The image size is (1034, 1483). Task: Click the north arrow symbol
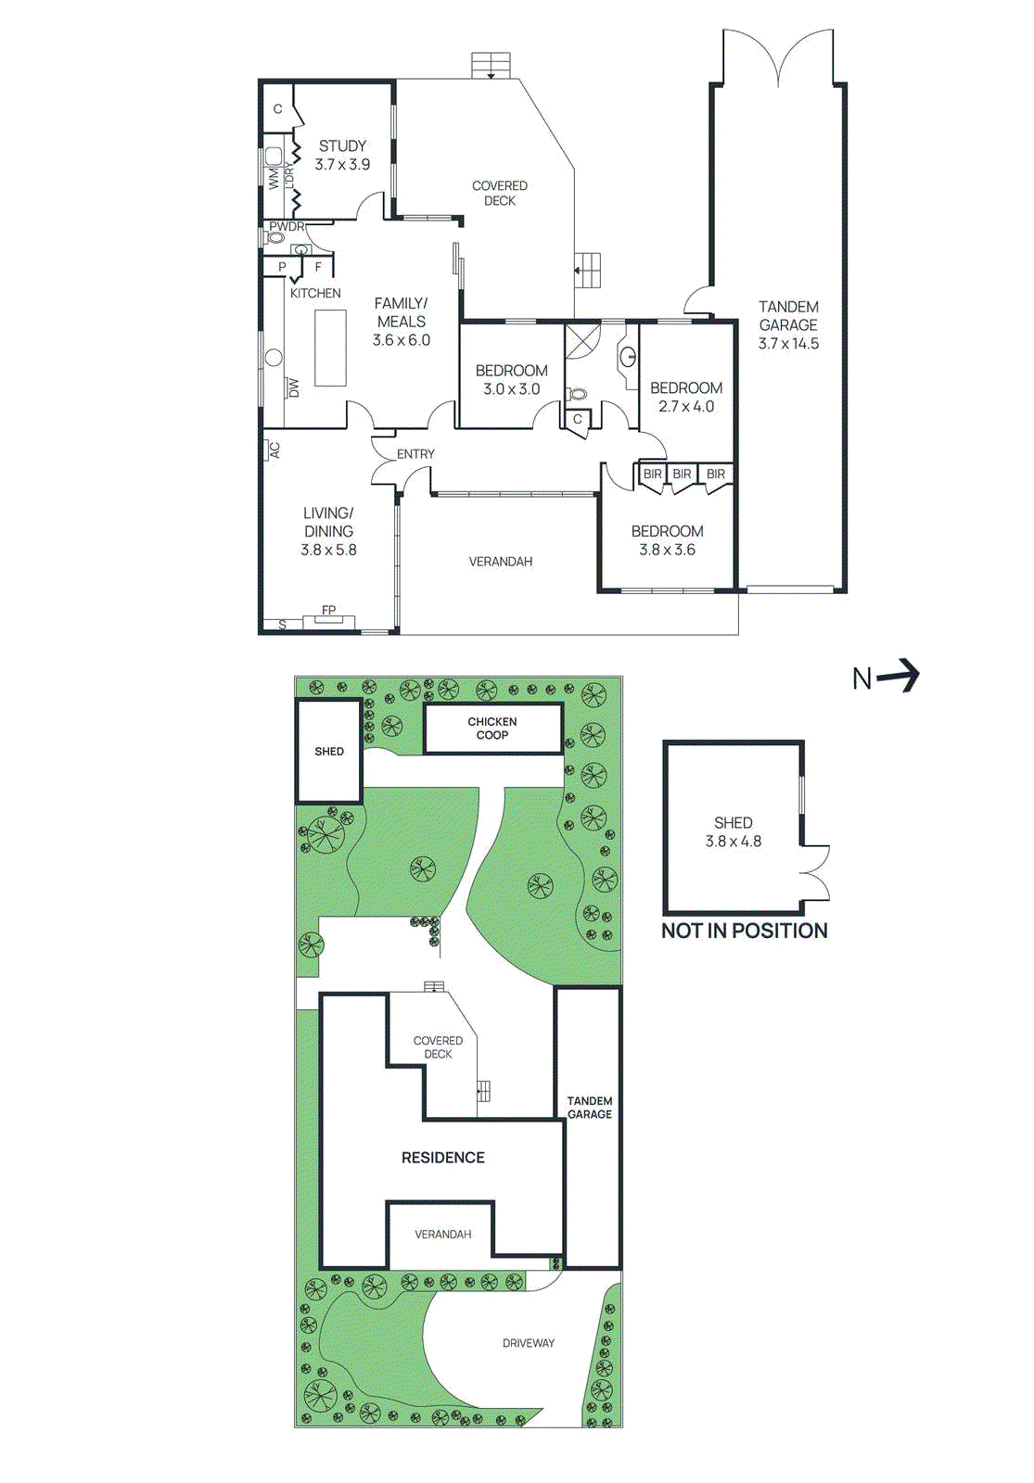pos(897,677)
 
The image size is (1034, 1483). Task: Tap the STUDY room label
pos(342,146)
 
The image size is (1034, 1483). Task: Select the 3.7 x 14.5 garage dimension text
pos(788,344)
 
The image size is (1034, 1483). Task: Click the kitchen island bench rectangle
pos(330,348)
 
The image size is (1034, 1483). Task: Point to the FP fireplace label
pos(328,610)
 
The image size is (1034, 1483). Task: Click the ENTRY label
pos(415,454)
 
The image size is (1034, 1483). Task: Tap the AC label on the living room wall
pos(275,450)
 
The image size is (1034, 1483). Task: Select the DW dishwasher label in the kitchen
pos(294,387)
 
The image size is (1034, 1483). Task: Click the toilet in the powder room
pos(275,237)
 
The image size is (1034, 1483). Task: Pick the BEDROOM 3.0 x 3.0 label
pos(511,379)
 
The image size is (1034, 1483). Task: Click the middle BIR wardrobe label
pos(682,474)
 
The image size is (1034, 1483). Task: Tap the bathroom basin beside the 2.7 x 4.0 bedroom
pos(628,355)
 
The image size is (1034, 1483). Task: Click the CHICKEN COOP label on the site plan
pos(492,729)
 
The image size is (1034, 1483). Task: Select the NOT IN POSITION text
pos(744,932)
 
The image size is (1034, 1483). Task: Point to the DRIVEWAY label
pos(529,1343)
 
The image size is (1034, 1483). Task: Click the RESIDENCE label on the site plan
pos(442,1158)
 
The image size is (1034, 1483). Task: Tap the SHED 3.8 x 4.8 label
pos(733,831)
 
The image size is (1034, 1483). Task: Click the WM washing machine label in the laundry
pos(274,178)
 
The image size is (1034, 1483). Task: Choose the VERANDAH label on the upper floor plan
pos(500,562)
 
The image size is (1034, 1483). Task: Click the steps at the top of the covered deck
pos(491,66)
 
